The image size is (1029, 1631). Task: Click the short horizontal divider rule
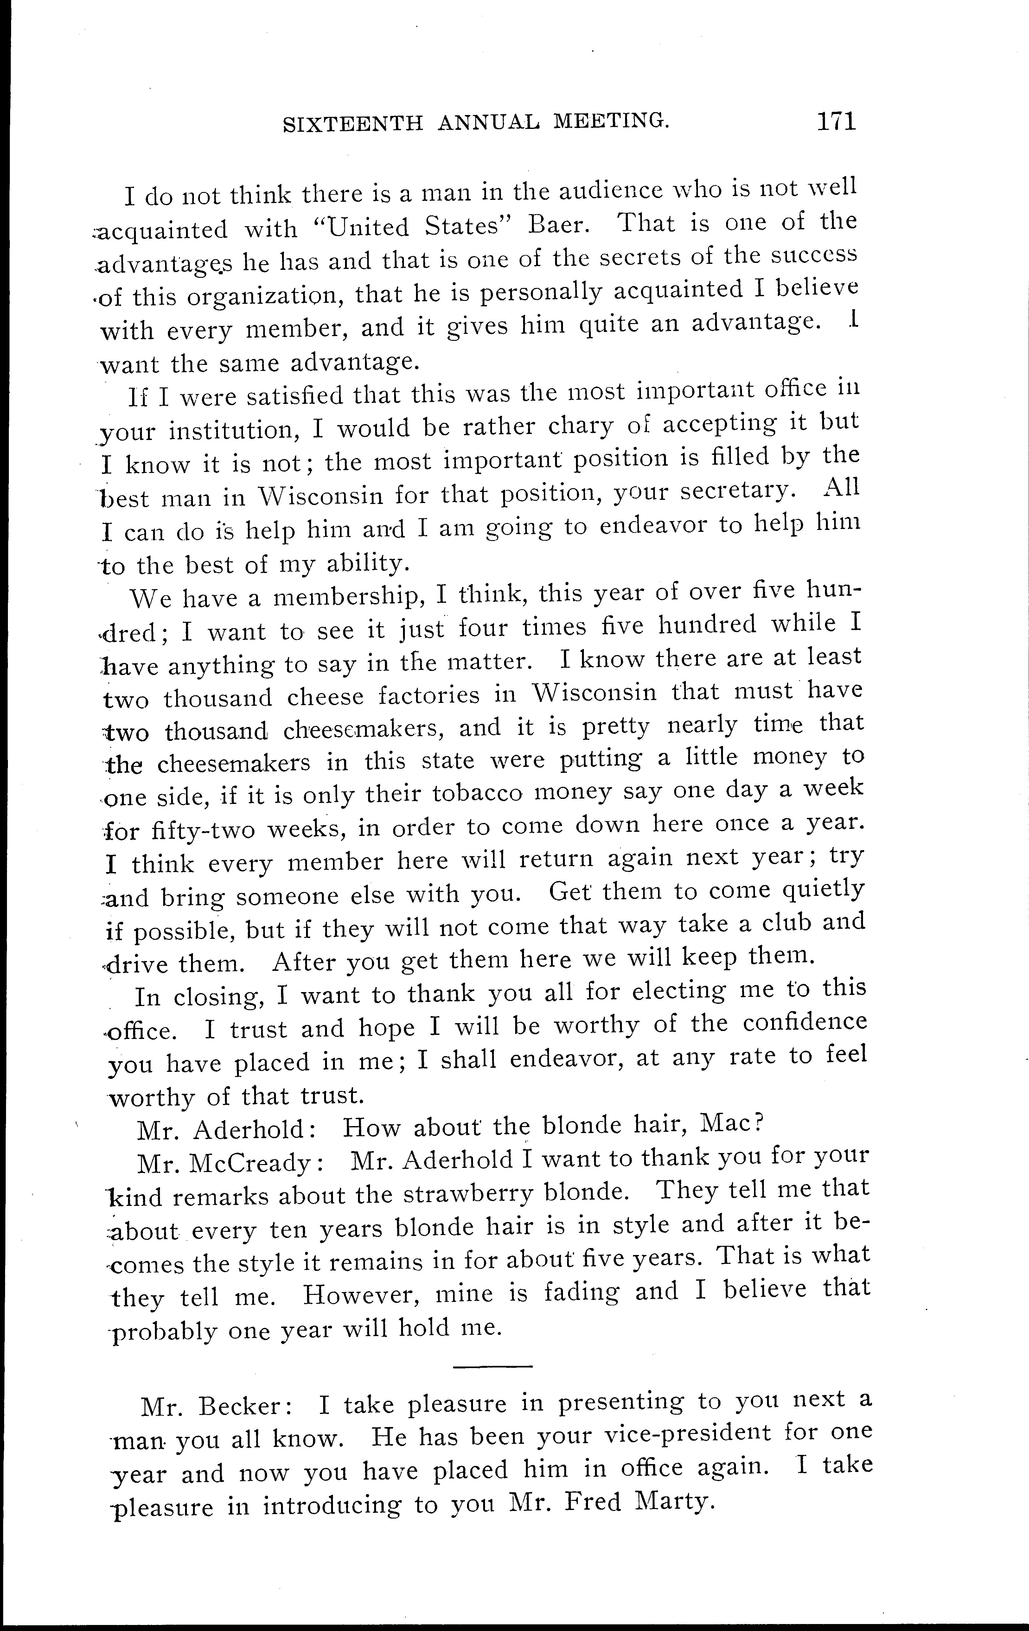coord(493,1367)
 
